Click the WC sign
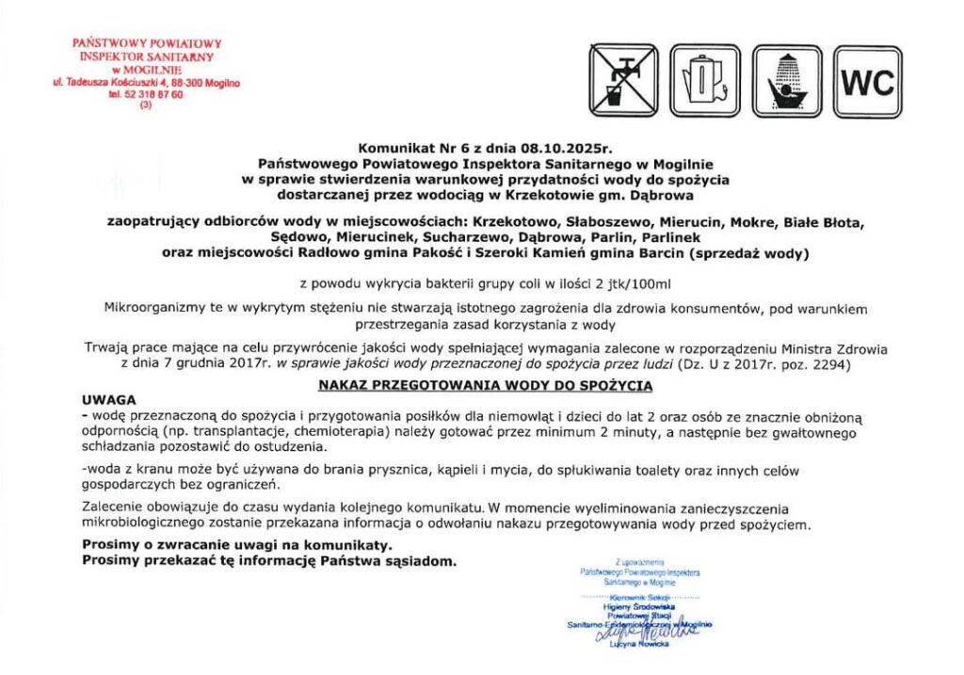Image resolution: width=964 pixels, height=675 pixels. (867, 82)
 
